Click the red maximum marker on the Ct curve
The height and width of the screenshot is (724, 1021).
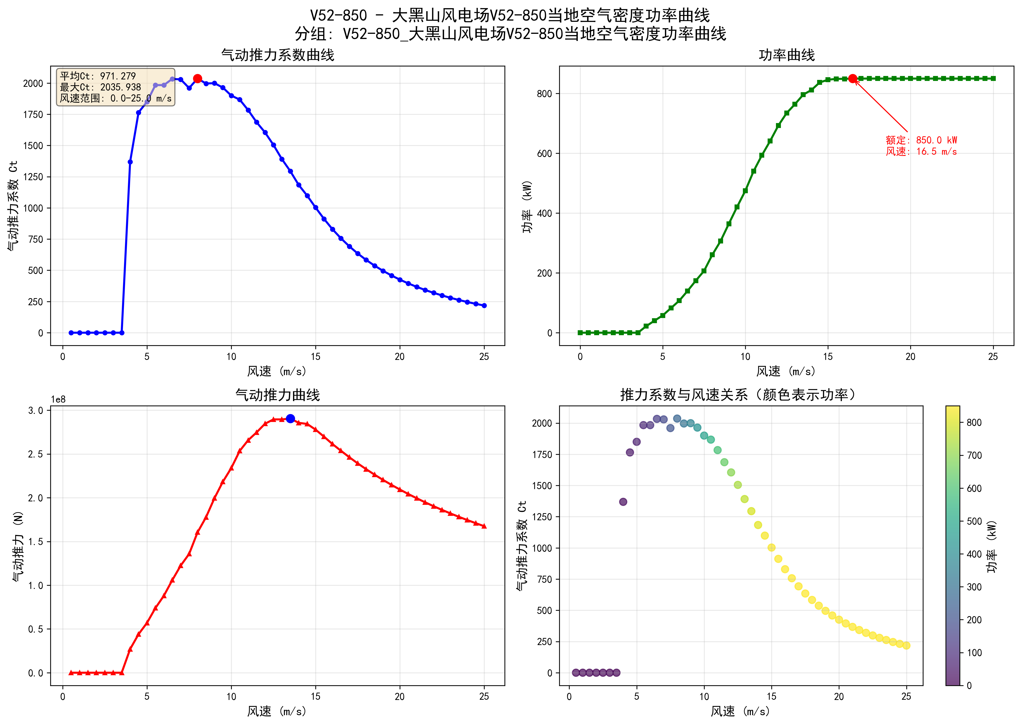coord(197,78)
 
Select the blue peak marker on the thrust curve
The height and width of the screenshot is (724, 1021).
coord(290,419)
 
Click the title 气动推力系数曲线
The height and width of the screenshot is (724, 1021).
coord(278,55)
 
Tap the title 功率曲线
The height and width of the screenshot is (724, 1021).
coord(787,55)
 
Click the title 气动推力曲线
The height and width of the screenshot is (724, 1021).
coord(278,395)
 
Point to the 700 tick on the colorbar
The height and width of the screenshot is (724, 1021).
coord(974,455)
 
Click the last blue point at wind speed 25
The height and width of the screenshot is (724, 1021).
coord(484,306)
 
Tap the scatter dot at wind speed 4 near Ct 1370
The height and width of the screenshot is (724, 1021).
coord(623,502)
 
